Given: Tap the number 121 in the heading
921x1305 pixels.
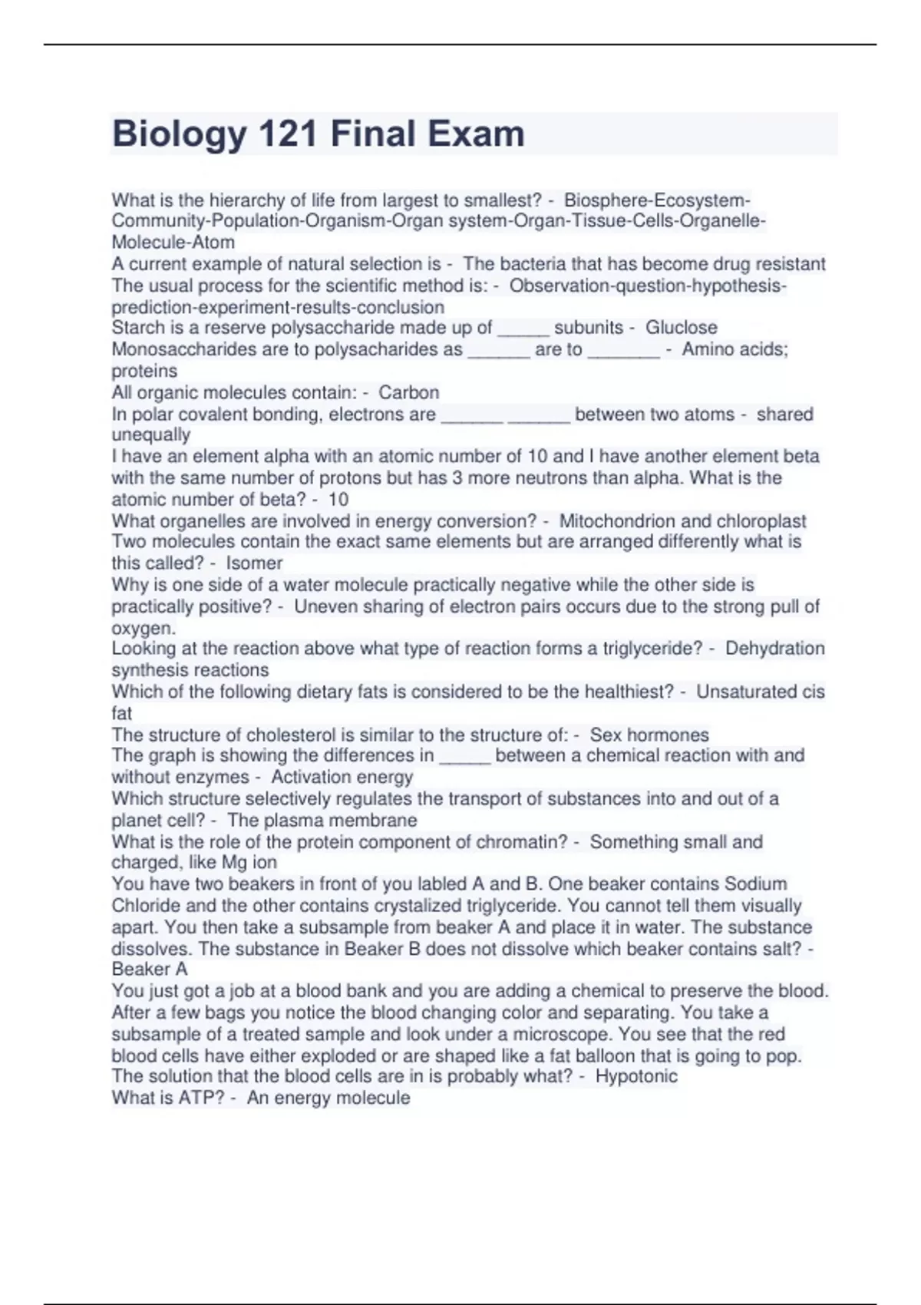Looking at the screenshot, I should pos(288,134).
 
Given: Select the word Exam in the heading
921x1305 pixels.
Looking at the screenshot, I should pos(476,134).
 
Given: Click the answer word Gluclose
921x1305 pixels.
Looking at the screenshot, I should pos(681,328).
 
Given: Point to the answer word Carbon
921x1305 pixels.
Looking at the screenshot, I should pos(408,392).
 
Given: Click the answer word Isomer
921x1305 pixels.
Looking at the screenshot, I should pos(254,563).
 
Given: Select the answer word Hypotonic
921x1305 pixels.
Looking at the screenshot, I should pos(636,1076).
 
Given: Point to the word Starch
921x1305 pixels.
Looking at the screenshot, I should pos(137,328).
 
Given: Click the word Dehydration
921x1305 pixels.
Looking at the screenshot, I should pos(774,649).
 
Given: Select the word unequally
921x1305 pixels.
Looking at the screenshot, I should pos(150,434).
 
